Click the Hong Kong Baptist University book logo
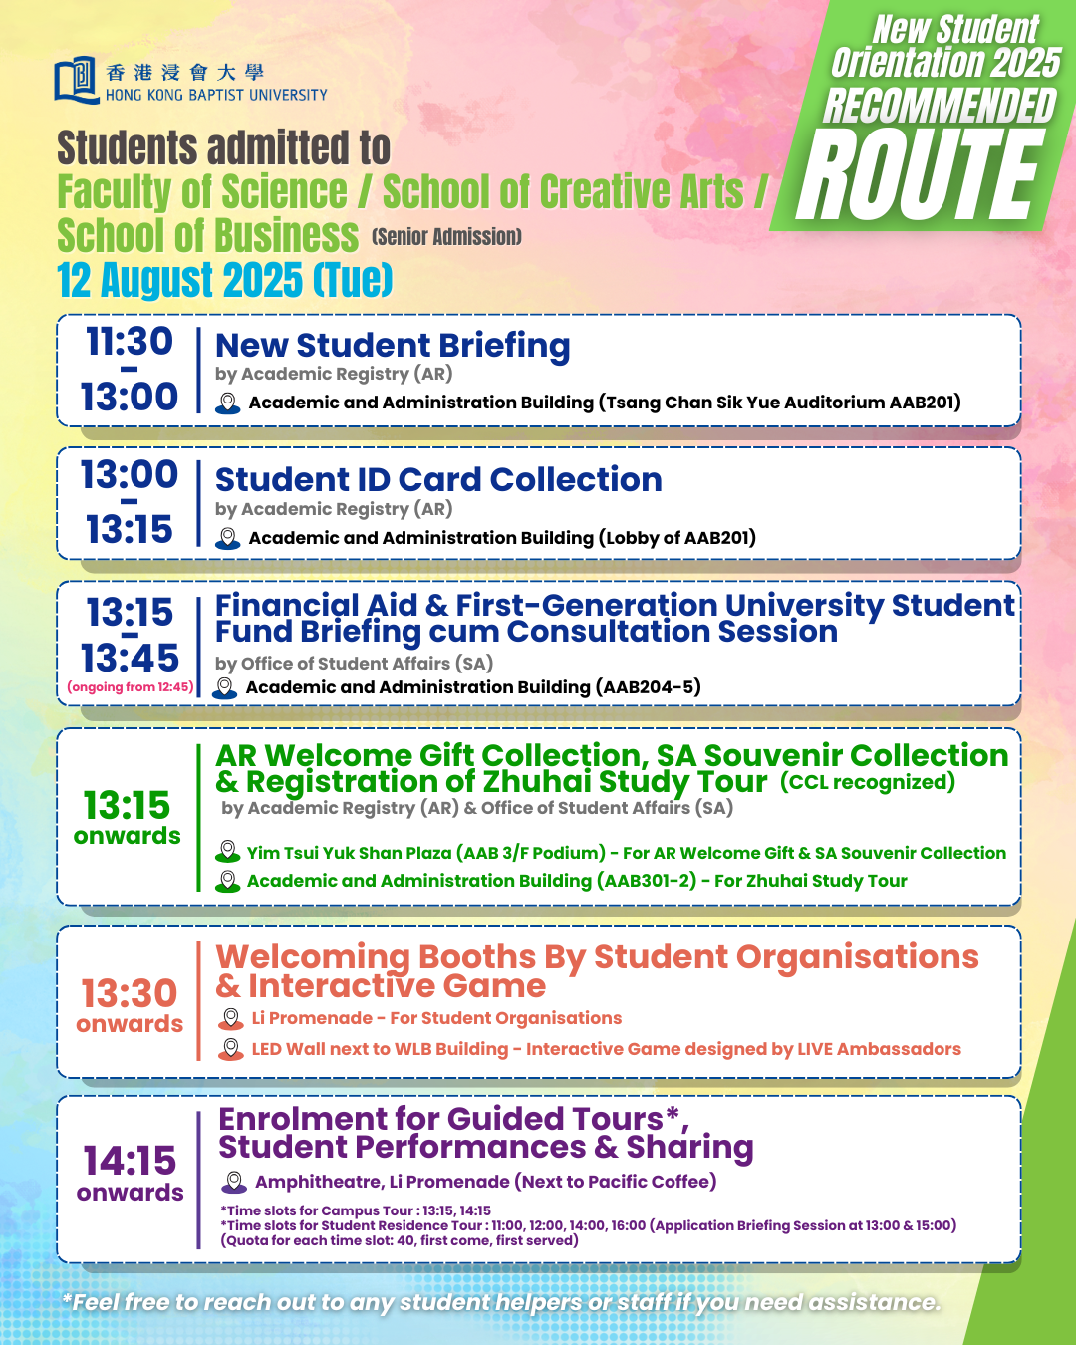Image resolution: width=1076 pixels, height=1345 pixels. [76, 81]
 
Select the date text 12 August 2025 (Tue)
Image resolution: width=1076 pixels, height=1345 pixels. [225, 280]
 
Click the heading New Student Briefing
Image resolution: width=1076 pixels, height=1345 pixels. [393, 345]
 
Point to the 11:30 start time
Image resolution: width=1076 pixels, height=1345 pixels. [130, 342]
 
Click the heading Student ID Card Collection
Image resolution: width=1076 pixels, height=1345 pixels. [438, 479]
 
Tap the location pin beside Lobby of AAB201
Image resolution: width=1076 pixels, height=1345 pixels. [228, 539]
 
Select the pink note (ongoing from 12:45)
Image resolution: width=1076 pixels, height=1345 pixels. [130, 687]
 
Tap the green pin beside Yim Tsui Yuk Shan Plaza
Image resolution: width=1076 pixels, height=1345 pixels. [228, 852]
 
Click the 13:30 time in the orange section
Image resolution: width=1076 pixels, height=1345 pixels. [130, 993]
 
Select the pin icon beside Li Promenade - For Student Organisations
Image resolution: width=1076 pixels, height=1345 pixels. [231, 1018]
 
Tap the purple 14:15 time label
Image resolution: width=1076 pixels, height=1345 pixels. [130, 1161]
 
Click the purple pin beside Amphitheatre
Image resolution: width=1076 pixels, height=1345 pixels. [234, 1182]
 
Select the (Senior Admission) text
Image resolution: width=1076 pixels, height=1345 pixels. [446, 237]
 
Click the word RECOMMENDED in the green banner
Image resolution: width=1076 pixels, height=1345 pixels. [939, 106]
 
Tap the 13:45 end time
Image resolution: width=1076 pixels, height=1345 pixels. [130, 658]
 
